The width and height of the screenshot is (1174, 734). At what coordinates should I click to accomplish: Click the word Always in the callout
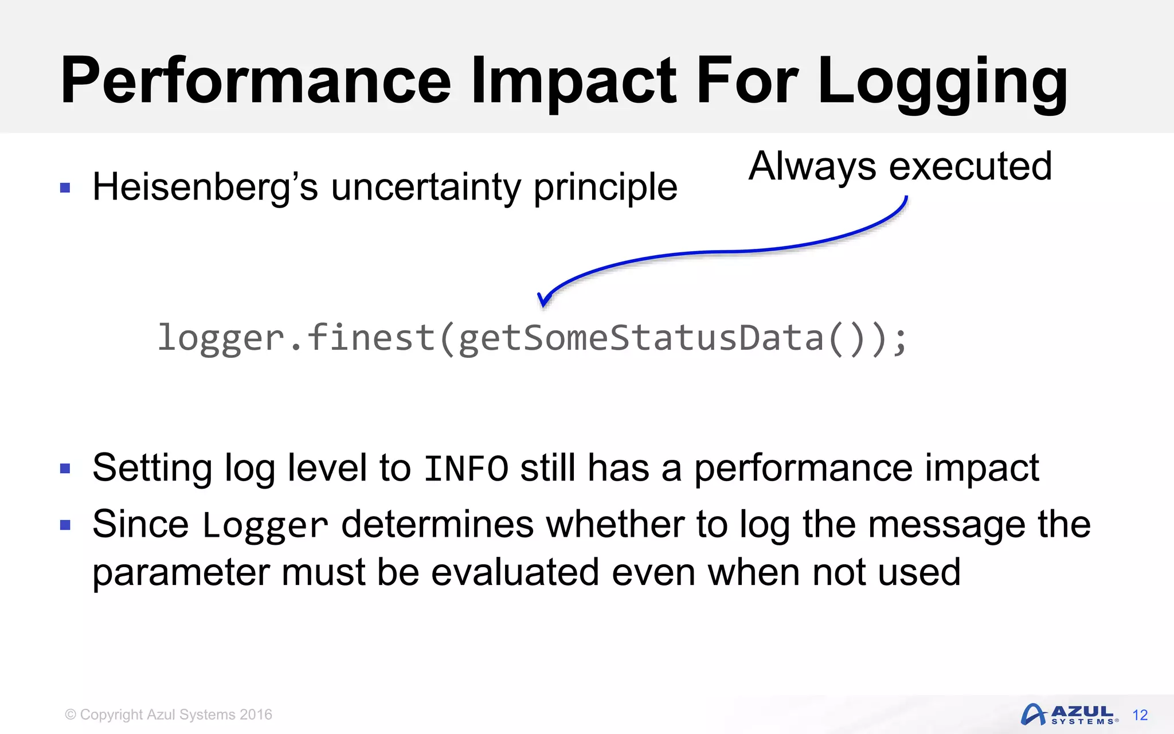click(812, 166)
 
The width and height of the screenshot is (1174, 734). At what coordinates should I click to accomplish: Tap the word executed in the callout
click(970, 166)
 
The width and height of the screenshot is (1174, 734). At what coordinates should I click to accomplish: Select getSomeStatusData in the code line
click(641, 338)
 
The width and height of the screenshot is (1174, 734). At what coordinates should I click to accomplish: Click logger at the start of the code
click(221, 338)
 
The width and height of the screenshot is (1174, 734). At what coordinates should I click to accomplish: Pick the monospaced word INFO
click(465, 468)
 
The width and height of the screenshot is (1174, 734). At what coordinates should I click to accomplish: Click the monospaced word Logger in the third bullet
click(265, 525)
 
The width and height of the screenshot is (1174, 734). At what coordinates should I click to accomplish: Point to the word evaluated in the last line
click(515, 572)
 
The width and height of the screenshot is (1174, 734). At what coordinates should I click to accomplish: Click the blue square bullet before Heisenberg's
click(65, 188)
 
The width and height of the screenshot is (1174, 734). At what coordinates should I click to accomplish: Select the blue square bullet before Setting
click(65, 468)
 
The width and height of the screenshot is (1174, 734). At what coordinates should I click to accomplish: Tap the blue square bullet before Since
click(65, 525)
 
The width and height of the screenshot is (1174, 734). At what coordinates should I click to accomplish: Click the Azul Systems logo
click(1069, 715)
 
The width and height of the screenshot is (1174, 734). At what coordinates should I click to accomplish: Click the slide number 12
click(1140, 715)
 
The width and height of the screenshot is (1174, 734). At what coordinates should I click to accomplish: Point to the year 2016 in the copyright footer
click(256, 715)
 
